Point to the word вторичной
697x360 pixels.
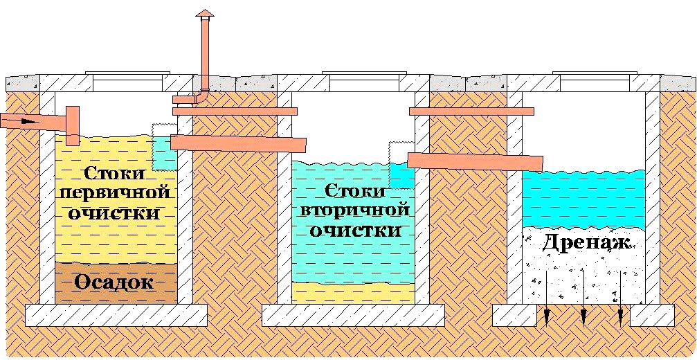pos(354,209)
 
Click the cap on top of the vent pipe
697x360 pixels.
pos(204,15)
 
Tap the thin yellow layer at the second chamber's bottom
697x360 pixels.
pos(353,291)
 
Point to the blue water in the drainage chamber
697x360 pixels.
pos(583,197)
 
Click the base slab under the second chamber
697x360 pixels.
pos(353,315)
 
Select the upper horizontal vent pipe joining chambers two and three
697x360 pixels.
pos(471,111)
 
